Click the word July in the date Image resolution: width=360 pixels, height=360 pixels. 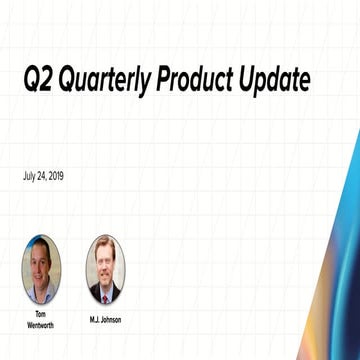(29, 176)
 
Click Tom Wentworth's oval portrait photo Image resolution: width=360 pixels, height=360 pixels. (41, 269)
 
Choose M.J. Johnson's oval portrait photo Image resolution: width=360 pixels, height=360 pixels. (105, 269)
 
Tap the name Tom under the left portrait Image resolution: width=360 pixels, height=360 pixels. (41, 313)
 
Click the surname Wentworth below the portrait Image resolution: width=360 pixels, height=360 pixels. (41, 323)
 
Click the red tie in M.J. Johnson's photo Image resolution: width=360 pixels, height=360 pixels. (105, 292)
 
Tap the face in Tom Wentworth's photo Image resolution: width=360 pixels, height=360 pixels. (42, 262)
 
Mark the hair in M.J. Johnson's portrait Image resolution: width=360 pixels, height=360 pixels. (105, 245)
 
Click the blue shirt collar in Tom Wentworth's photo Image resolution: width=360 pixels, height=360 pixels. (41, 290)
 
